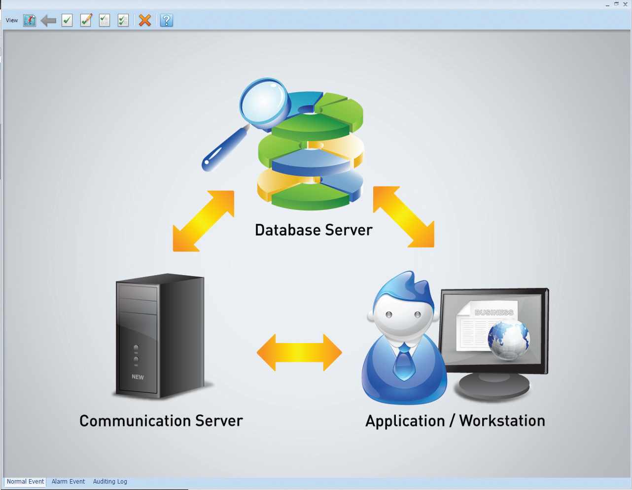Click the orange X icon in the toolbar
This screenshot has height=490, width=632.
tap(144, 20)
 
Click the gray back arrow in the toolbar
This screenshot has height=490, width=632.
tap(48, 21)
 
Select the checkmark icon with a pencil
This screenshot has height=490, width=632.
tap(86, 20)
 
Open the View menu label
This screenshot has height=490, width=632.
tap(12, 21)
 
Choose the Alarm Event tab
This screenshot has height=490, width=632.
tap(68, 482)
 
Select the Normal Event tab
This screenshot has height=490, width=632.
tap(25, 482)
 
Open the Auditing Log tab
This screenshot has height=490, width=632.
tap(110, 482)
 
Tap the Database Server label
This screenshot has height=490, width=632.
tap(314, 230)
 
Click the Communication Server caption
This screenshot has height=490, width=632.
tap(161, 421)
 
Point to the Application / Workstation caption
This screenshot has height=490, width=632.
tap(455, 421)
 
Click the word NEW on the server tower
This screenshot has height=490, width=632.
tap(138, 377)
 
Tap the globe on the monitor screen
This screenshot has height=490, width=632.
tap(508, 339)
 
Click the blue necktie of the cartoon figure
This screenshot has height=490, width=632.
tap(404, 364)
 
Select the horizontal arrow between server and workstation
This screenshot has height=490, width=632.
tap(299, 352)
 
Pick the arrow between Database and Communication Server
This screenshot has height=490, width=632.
tap(204, 221)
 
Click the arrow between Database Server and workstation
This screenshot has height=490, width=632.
tap(404, 216)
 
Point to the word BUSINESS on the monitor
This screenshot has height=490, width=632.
tap(494, 313)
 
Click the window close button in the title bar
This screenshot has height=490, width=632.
tap(625, 4)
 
